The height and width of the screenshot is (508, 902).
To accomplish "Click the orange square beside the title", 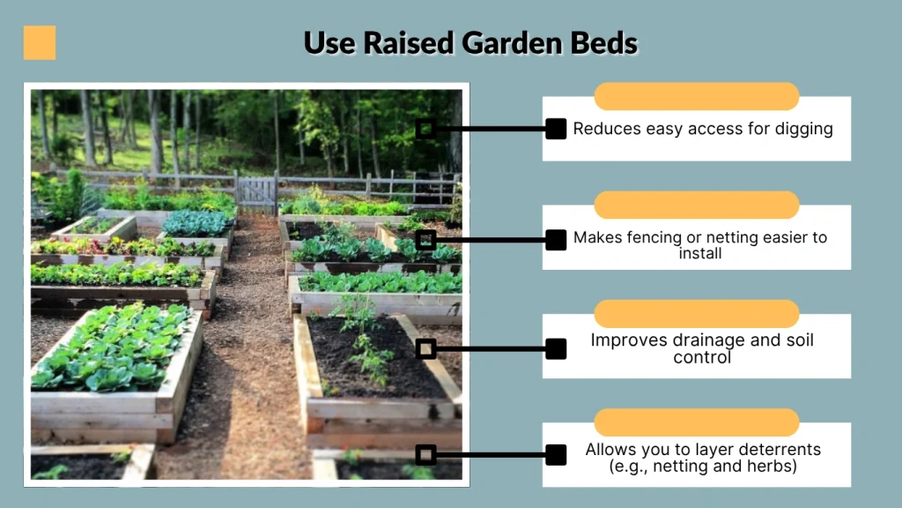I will click(40, 42).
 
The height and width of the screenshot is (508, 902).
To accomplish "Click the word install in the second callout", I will click(701, 253).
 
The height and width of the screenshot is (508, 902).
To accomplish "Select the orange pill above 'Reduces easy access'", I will click(696, 96).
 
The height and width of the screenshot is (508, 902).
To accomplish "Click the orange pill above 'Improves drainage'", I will click(696, 313).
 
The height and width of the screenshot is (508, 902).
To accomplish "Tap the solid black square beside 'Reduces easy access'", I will click(556, 129).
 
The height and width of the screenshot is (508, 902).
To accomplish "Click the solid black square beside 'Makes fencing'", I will click(556, 239).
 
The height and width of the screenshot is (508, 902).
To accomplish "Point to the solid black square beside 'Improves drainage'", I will click(556, 348).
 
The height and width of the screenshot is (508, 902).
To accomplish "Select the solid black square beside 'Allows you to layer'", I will click(556, 455).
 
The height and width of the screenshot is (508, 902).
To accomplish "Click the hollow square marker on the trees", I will click(425, 129).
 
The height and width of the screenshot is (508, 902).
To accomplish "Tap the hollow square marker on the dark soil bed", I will click(425, 348).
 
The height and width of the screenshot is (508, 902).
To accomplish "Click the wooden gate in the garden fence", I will click(256, 191).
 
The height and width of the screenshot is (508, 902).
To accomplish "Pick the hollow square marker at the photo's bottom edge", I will click(425, 455).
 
